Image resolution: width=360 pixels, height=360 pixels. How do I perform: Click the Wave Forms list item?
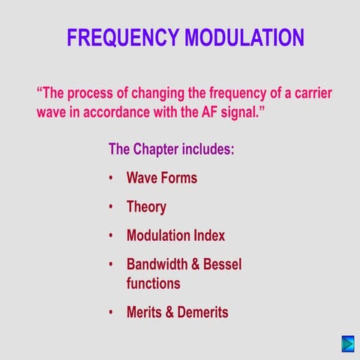162,178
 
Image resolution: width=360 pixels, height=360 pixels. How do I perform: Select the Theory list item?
146,207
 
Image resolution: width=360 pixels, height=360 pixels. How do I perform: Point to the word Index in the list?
208,235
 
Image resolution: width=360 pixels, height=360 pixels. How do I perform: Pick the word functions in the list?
154,283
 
